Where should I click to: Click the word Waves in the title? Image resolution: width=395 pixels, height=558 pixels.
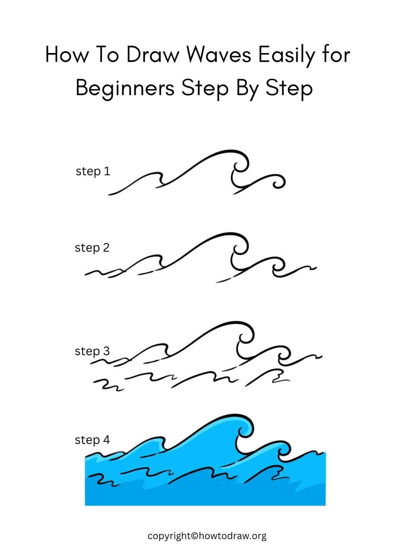219,55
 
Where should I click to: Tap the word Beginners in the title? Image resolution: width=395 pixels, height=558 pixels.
125,88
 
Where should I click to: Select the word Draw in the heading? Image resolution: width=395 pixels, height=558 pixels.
153,55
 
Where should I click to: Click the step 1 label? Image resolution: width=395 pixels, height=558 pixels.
93,171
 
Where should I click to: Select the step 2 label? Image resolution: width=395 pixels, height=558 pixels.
92,248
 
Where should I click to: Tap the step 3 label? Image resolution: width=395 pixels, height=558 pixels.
92,351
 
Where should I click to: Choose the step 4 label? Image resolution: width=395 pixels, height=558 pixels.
92,440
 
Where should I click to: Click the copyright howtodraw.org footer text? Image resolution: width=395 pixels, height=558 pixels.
207,536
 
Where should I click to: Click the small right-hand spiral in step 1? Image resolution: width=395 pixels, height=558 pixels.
278,182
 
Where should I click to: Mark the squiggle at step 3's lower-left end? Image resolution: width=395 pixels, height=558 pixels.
105,385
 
